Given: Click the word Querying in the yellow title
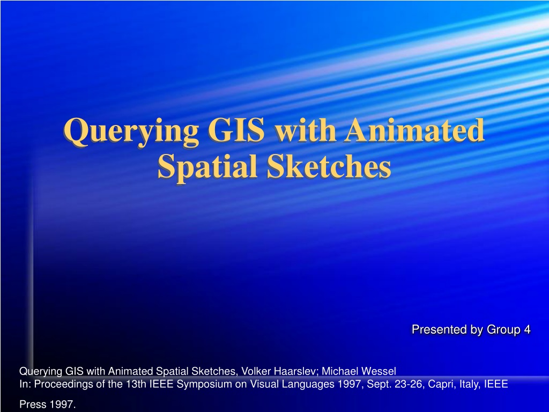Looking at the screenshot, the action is pos(131,132).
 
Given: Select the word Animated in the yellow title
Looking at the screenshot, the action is pos(414,130).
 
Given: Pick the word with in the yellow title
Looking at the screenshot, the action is pos(305,130).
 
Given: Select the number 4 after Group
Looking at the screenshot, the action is pos(528,329).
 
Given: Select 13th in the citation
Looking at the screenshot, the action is pos(137,384).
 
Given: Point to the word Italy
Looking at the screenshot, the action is pos(470,384).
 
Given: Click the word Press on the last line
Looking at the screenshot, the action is pos(33,404).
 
